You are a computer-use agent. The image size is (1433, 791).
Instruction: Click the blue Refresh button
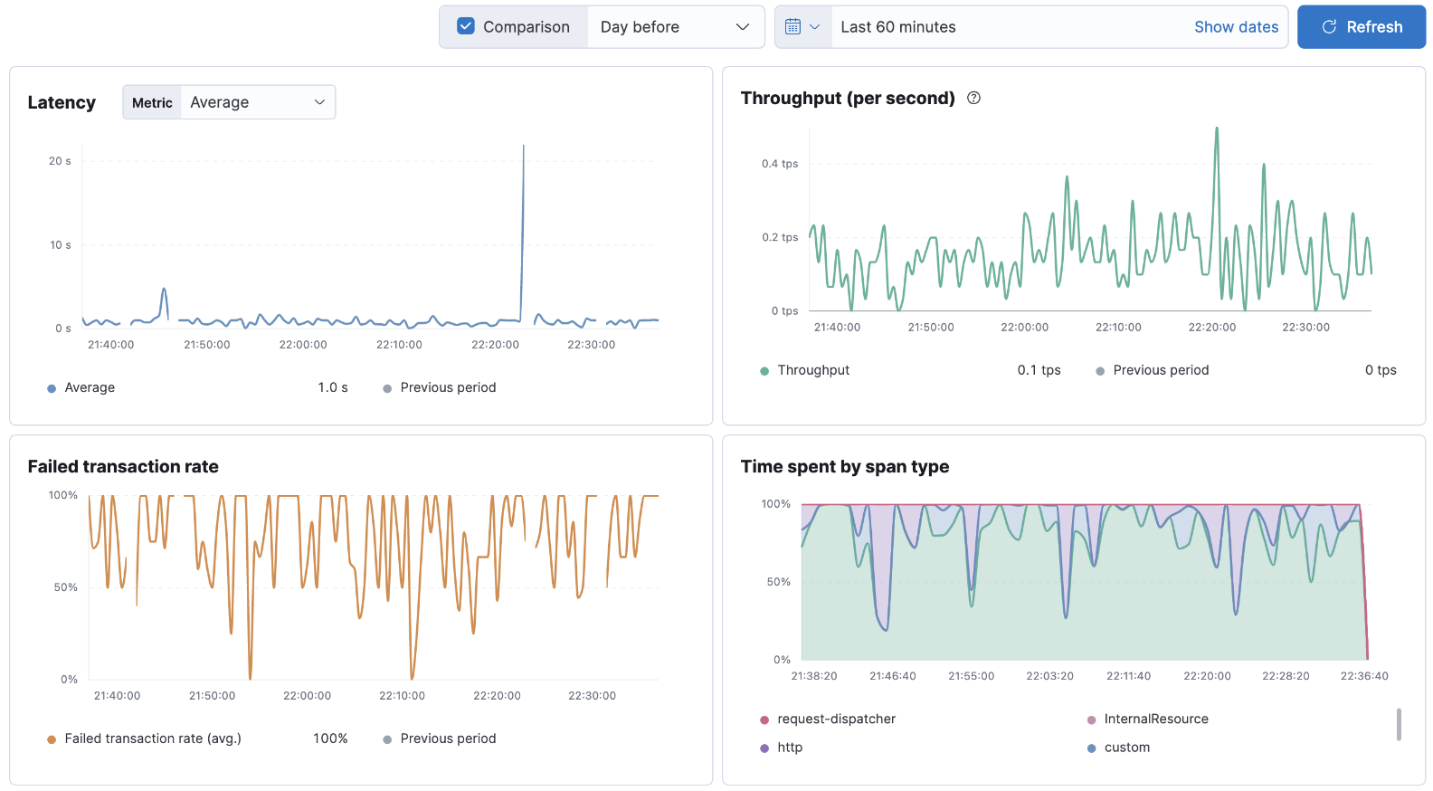coord(1361,27)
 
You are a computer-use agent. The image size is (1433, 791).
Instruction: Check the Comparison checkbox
coord(466,26)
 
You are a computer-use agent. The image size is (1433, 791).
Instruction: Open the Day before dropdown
coord(675,27)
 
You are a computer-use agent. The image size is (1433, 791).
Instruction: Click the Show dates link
coord(1236,27)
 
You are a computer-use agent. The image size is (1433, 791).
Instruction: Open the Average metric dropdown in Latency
coord(257,102)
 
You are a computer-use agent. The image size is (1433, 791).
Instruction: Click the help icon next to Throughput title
coord(973,98)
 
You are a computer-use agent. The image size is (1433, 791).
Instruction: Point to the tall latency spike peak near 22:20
coord(523,148)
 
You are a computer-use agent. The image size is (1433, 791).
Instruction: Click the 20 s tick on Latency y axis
coord(60,161)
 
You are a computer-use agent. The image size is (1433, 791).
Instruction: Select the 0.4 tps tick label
coord(779,164)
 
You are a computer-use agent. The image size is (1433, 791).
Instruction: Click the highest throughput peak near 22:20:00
coord(1217,129)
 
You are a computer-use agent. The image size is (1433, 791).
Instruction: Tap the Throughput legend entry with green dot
coord(812,370)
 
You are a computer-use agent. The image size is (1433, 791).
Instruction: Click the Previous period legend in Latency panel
coord(447,387)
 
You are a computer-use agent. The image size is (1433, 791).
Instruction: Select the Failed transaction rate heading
coord(123,467)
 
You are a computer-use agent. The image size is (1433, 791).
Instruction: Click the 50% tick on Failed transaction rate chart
coord(65,587)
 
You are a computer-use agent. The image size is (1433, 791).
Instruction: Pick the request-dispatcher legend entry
coord(835,720)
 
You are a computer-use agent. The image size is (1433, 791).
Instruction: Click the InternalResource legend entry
coord(1155,720)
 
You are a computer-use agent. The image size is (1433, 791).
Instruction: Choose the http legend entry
coord(789,748)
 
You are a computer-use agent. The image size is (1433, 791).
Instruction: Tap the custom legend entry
coord(1126,748)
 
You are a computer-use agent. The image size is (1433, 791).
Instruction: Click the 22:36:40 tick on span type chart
coord(1363,676)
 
